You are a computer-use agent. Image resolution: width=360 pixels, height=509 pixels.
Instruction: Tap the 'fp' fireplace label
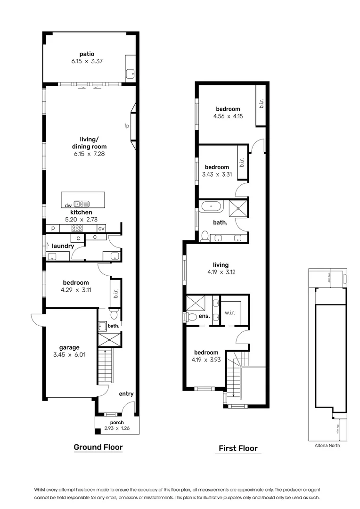coord(126,125)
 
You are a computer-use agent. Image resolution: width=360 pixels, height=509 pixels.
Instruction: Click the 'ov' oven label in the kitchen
coord(101,229)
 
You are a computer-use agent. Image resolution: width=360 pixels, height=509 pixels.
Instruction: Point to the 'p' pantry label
coord(52,229)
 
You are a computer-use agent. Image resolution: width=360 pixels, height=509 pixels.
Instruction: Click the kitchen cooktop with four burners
coord(77,228)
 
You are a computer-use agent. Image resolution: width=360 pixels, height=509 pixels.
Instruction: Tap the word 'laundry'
coord(62,246)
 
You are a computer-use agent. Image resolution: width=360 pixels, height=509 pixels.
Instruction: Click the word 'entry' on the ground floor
coord(126,394)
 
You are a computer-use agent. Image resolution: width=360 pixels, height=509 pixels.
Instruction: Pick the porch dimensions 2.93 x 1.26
coord(116,429)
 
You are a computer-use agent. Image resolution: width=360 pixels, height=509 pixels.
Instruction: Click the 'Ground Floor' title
coord(98,447)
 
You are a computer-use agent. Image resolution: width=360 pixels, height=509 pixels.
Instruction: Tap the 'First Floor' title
coord(238,448)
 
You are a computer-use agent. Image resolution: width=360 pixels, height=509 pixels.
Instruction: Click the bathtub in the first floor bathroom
coord(211,206)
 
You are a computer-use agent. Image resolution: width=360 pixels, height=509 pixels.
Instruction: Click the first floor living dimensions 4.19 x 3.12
coord(221,272)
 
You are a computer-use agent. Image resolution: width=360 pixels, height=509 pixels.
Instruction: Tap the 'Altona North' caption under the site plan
coord(327,445)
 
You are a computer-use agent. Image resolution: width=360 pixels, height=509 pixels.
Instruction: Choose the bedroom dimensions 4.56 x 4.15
coord(228,116)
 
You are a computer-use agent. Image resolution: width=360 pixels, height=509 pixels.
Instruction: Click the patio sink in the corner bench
coord(131,74)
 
